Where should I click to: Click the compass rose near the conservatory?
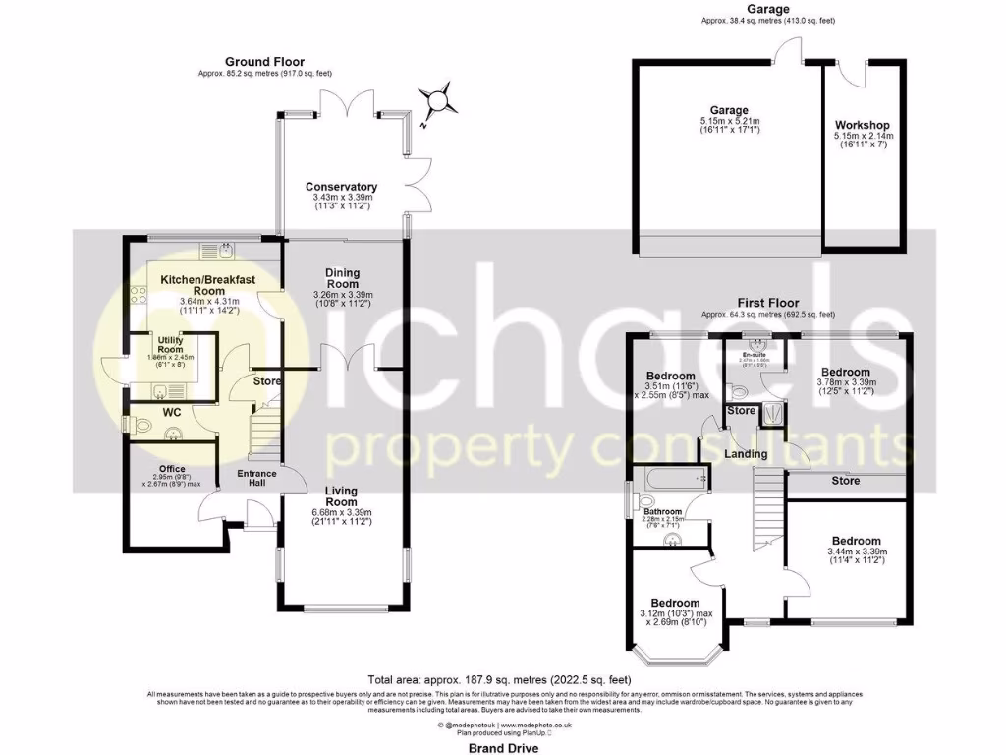435,100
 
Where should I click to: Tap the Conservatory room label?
341,187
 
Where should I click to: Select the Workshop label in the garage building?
862,126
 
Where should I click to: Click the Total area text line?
500,679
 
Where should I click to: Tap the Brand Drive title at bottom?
501,748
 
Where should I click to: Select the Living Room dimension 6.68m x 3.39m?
341,511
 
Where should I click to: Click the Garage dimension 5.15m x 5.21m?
730,122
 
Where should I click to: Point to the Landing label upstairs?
747,454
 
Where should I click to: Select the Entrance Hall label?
257,479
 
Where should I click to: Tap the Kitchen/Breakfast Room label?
208,285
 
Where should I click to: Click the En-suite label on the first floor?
754,354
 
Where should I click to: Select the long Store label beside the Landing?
845,481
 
